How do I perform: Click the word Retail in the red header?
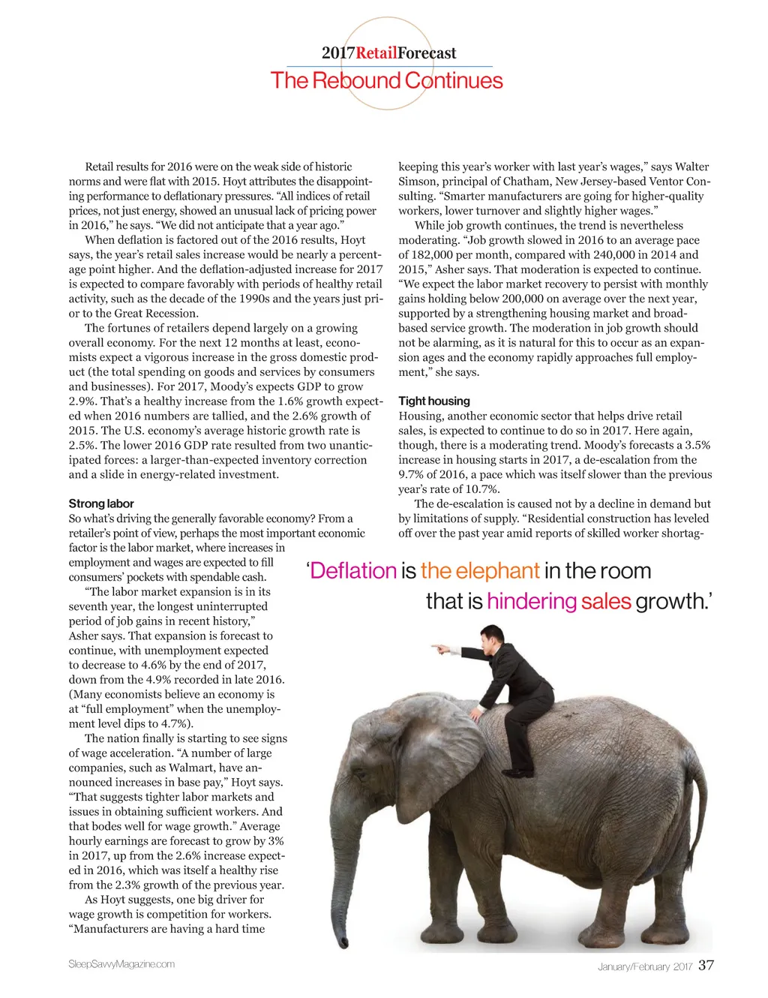(x=376, y=53)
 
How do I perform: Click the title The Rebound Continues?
(x=386, y=80)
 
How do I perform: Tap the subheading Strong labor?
(x=100, y=504)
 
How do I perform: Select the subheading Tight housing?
(x=433, y=401)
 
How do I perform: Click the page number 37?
(x=706, y=965)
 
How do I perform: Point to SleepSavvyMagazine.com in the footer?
(x=121, y=964)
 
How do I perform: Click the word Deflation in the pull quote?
(x=353, y=571)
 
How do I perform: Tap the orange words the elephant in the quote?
(x=480, y=571)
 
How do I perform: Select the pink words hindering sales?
(x=559, y=601)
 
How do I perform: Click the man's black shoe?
(x=517, y=772)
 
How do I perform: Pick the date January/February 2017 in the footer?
(x=644, y=966)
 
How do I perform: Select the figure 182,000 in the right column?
(x=430, y=254)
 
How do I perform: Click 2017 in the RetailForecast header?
(x=338, y=53)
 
